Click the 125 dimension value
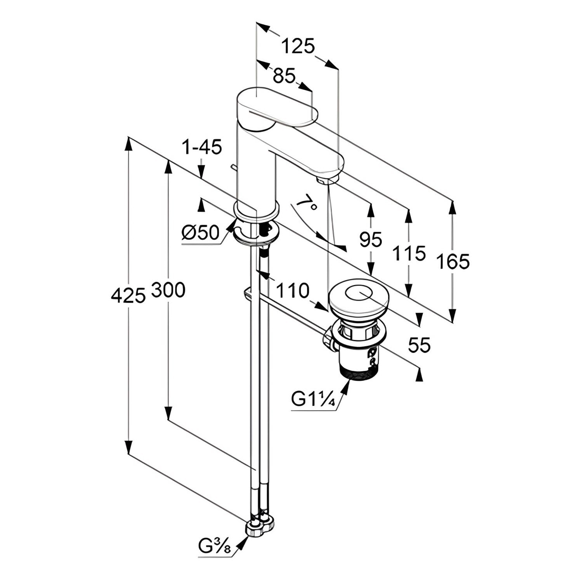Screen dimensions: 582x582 click(298, 47)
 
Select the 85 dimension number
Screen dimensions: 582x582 click(284, 76)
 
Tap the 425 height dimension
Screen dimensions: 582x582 click(128, 296)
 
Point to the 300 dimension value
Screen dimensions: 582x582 click(168, 290)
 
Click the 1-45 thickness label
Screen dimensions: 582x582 click(202, 147)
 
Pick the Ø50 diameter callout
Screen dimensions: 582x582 click(201, 233)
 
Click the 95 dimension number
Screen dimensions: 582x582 click(371, 239)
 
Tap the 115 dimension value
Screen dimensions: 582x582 click(409, 253)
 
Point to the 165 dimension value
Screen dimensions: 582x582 click(452, 261)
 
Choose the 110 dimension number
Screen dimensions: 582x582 click(293, 290)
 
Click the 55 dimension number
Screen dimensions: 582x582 click(419, 345)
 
